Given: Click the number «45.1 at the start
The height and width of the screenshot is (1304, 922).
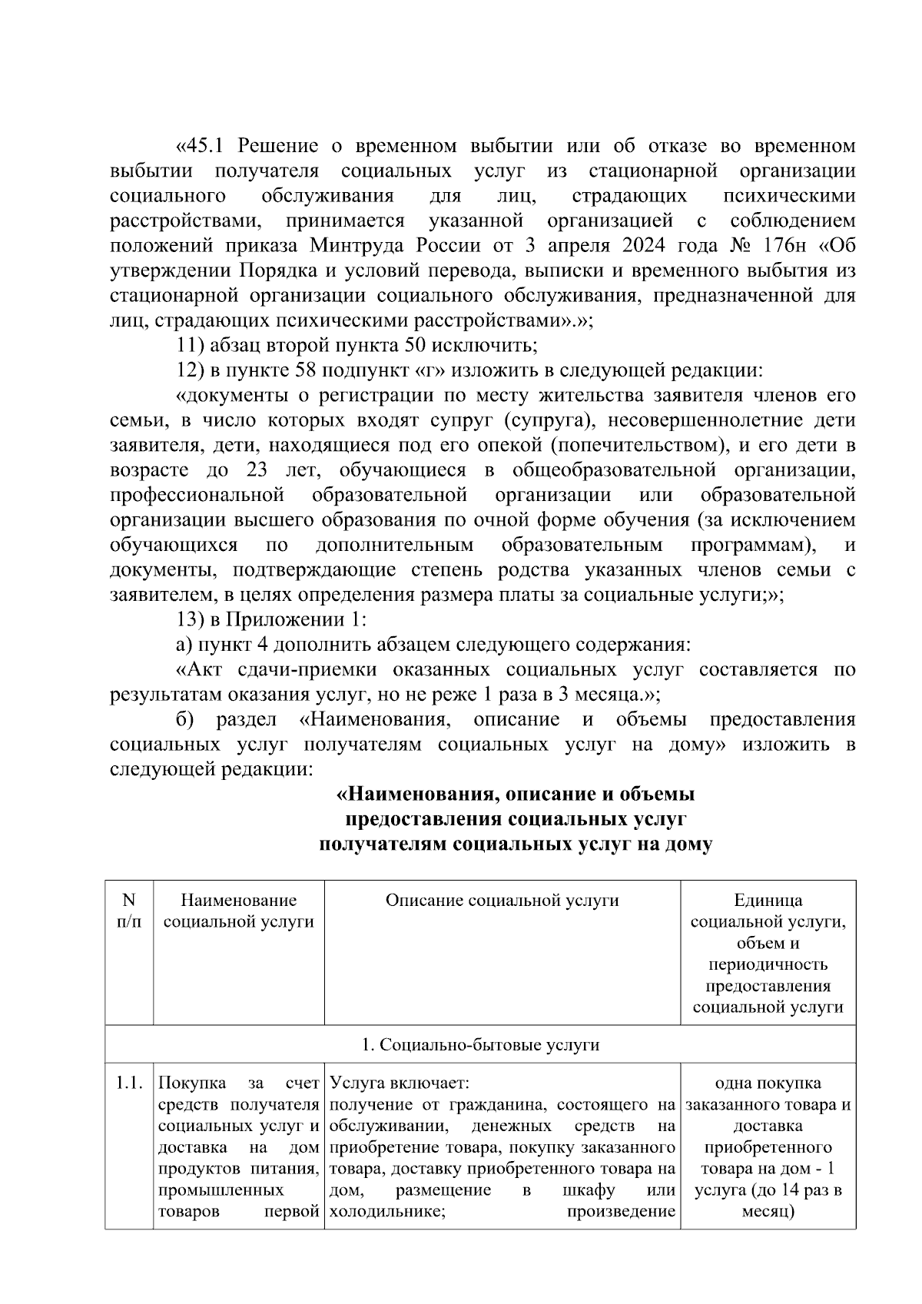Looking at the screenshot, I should point(204,146).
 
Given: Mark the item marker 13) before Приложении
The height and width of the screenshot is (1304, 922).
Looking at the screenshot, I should point(190,620).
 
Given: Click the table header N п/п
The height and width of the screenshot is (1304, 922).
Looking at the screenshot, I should point(129,911).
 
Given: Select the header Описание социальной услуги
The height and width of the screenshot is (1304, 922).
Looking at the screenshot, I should point(502,901).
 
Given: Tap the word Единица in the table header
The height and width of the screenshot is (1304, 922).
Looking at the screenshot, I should point(768,901).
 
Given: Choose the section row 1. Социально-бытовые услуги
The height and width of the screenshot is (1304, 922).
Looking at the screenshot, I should point(480,1045).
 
